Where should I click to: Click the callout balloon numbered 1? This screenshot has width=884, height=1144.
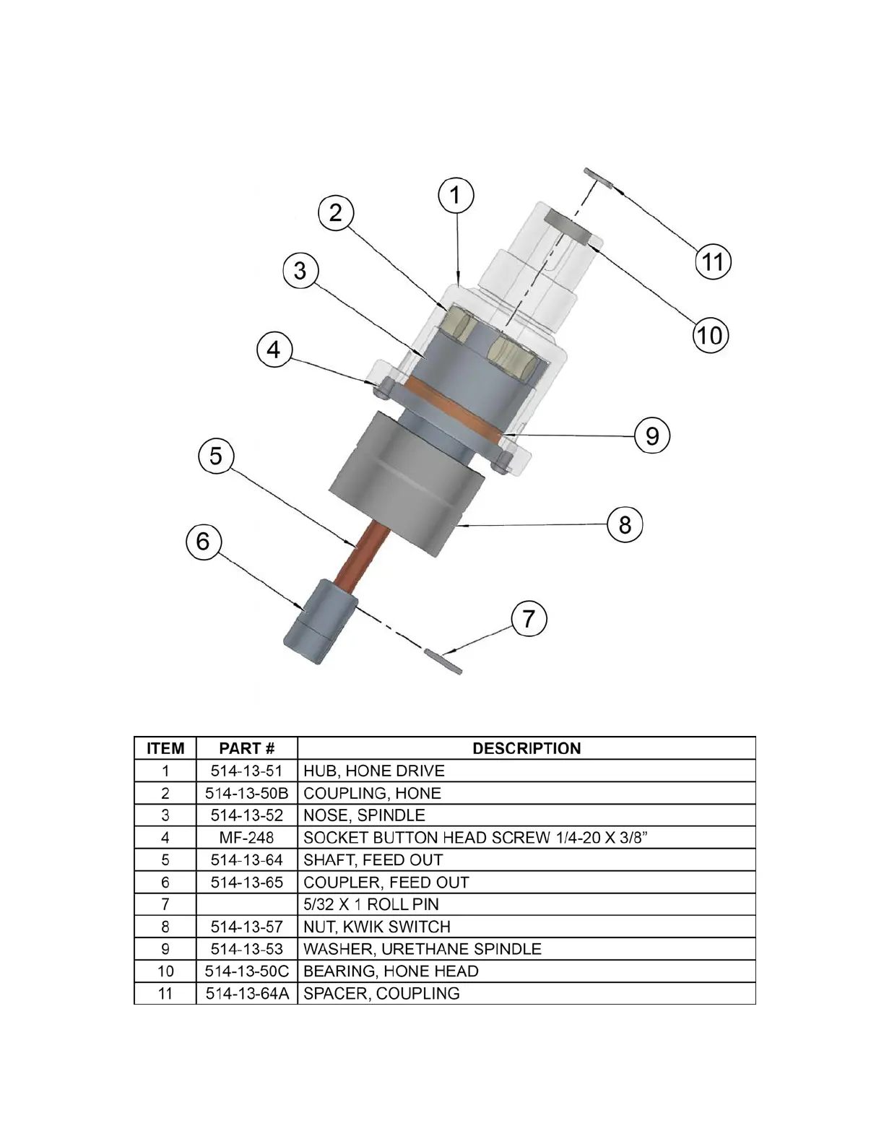point(456,195)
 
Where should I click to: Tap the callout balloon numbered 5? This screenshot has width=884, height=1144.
point(216,456)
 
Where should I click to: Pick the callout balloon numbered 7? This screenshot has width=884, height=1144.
point(529,619)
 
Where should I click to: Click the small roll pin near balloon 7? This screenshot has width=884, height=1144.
point(443,661)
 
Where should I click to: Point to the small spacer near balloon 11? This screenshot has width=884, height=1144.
point(598,178)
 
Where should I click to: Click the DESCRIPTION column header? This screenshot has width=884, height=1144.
point(526,748)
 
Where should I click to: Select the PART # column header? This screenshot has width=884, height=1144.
point(247,748)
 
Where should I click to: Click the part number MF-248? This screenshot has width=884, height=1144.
point(247,838)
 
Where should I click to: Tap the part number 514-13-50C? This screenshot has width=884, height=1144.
point(247,971)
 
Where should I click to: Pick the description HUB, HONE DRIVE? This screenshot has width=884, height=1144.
point(373,771)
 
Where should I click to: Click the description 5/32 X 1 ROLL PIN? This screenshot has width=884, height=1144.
point(370,904)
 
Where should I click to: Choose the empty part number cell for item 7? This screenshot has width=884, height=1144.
point(247,904)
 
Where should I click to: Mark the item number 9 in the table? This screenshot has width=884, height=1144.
point(165,949)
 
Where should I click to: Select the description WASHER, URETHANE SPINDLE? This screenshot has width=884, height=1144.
point(422,949)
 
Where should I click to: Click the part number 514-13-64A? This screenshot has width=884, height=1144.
point(247,994)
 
